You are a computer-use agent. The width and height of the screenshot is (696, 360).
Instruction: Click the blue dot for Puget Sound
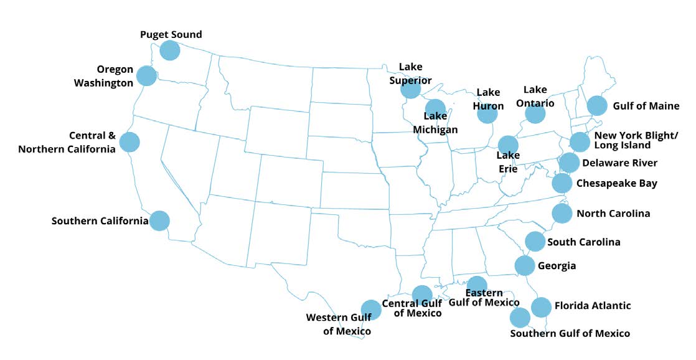(170, 50)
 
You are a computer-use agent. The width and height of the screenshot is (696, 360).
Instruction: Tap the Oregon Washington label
(115, 76)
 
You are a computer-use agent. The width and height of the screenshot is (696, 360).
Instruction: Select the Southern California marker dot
(160, 220)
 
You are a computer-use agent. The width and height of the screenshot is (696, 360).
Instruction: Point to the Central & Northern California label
(67, 142)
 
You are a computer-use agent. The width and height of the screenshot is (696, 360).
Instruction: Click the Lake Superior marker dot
(410, 89)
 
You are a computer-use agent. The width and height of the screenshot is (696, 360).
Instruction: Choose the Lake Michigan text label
(435, 123)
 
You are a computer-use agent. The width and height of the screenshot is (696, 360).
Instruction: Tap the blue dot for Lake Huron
(487, 113)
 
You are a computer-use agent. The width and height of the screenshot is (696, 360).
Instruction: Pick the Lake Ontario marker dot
(535, 114)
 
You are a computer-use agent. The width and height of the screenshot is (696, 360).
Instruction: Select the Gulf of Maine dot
(596, 106)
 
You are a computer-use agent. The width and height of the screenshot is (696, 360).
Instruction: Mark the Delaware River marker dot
(569, 163)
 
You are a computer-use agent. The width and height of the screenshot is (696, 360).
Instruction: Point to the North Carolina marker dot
(562, 214)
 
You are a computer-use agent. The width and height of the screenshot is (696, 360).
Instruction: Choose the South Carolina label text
(583, 242)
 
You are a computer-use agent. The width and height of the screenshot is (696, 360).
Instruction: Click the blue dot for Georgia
(525, 265)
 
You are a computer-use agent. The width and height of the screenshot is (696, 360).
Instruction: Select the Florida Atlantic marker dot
(541, 307)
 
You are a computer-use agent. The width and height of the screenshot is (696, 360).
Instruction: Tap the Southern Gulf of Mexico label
(570, 333)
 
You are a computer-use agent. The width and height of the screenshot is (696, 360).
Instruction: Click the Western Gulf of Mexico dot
(370, 310)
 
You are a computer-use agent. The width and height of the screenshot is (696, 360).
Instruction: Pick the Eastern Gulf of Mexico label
(484, 298)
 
